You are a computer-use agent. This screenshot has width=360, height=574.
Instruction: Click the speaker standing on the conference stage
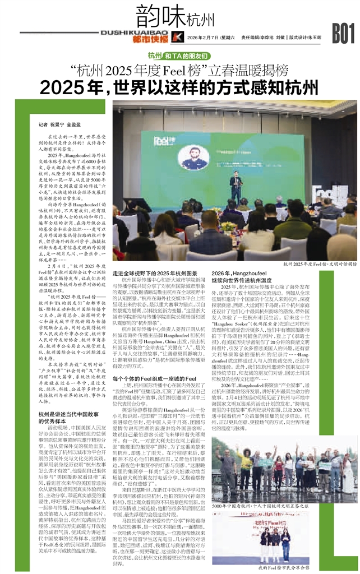point(236,185)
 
